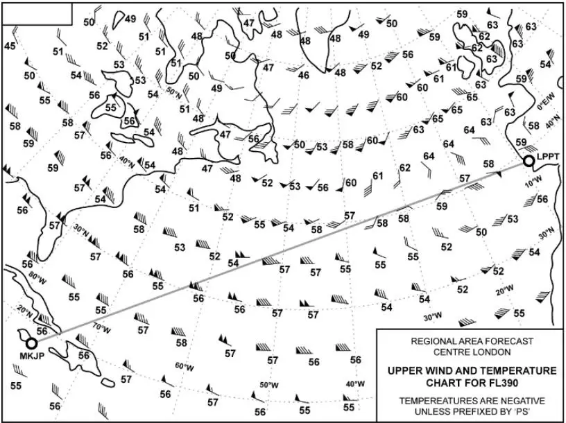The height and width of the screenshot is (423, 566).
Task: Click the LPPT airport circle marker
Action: click(x=529, y=162)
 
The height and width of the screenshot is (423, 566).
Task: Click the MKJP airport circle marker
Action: click(x=31, y=343)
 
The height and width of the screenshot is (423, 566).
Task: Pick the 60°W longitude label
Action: click(x=183, y=365)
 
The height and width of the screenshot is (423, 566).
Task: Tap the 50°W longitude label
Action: click(x=269, y=384)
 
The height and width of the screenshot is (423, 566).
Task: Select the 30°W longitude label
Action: click(x=432, y=317)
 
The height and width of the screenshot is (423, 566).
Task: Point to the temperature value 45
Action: click(x=10, y=46)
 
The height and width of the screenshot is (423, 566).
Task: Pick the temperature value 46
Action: click(x=304, y=75)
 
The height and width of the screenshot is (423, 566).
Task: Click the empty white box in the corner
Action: click(x=36, y=13)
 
